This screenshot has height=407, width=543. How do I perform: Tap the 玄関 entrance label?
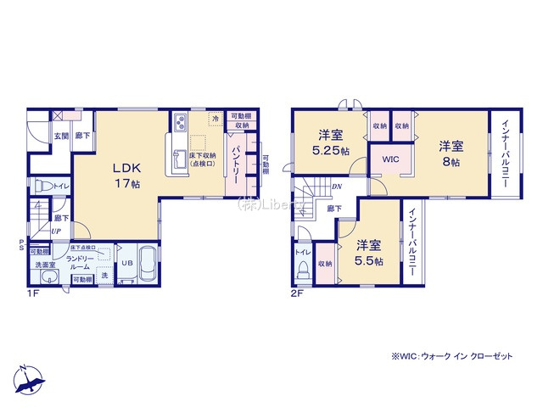pos(62,135)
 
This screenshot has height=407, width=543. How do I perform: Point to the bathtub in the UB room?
pos(146,263)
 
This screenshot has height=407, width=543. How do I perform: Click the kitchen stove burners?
pos(182,125)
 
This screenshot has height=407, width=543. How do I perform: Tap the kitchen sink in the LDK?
pos(180,158)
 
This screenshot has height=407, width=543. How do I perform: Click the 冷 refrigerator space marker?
pos(216,119)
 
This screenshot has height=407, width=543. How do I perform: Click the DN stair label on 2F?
pos(336,187)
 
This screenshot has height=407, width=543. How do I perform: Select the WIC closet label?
pos(390,159)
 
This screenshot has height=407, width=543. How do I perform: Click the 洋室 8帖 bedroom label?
pos(450,153)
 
